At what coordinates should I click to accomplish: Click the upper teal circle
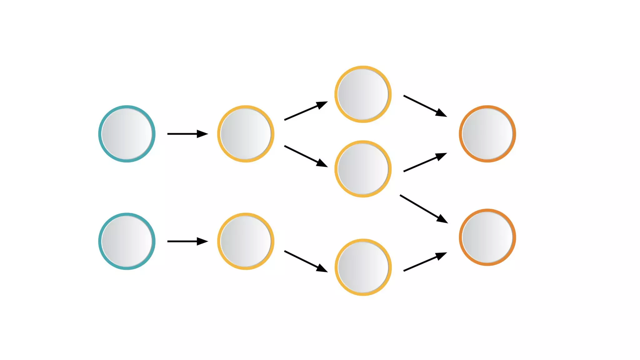127,134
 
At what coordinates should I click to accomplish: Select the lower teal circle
127,241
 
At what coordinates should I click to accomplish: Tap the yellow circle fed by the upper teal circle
246,134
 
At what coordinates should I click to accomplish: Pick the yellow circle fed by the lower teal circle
246,241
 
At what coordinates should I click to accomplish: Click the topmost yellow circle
363,94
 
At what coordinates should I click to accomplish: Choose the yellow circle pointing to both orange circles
363,169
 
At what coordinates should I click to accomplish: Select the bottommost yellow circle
363,267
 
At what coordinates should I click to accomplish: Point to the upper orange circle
487,134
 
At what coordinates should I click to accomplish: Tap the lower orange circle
487,237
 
